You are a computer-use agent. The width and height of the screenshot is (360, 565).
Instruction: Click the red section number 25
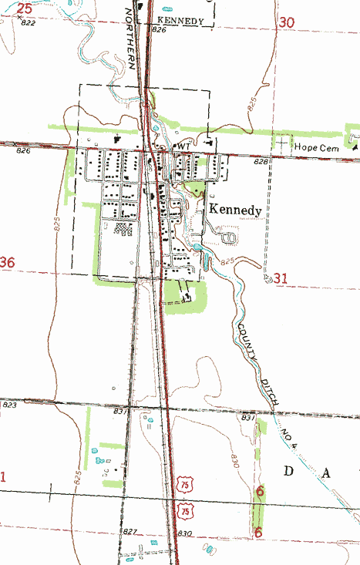(x=25, y=8)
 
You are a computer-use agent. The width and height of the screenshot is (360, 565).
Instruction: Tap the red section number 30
(x=288, y=23)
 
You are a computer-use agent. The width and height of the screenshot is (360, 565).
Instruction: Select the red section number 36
(x=8, y=263)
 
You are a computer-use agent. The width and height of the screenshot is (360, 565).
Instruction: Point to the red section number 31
(x=280, y=277)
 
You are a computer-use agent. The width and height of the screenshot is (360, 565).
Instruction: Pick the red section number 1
(x=3, y=478)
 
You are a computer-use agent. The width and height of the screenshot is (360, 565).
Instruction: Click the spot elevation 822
(x=29, y=24)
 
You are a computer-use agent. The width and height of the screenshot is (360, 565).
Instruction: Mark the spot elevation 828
(x=261, y=163)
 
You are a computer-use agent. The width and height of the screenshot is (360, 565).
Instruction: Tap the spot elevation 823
(x=9, y=405)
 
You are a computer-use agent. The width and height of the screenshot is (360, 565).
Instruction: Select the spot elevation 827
(x=130, y=532)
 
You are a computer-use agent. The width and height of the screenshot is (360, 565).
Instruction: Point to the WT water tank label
(x=183, y=146)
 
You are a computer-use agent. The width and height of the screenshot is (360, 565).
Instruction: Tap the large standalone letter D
(x=291, y=471)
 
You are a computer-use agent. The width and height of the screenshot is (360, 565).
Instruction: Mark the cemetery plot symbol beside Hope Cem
(x=283, y=143)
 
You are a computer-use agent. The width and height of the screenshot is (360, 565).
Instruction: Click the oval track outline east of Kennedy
(x=227, y=238)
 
